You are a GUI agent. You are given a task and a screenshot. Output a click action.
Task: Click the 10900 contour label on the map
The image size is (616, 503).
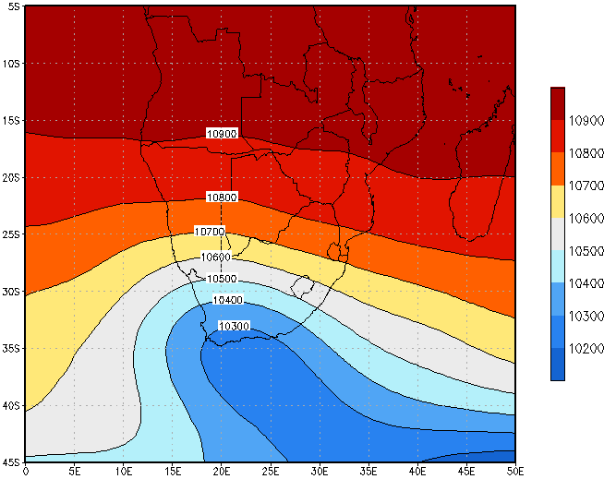click(x=222, y=134)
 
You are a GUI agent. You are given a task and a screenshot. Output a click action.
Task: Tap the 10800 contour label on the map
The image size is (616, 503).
click(x=222, y=198)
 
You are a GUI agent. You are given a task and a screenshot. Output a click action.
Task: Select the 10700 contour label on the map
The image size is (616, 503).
click(x=211, y=231)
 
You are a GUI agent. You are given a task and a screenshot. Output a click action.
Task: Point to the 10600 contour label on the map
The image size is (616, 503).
click(x=216, y=257)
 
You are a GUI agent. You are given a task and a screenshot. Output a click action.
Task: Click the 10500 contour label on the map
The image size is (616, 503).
click(x=222, y=279)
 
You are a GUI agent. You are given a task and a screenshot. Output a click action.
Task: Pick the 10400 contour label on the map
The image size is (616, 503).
click(x=227, y=300)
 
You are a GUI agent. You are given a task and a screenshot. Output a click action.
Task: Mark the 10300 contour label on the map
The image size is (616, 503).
click(x=234, y=326)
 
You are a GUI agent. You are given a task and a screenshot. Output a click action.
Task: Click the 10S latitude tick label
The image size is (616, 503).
click(x=11, y=64)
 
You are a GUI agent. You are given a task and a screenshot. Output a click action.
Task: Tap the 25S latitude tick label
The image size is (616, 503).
click(x=11, y=234)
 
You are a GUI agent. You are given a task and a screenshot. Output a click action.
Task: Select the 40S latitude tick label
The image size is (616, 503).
click(x=11, y=405)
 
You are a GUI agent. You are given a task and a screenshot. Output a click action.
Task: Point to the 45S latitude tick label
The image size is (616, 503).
click(x=11, y=462)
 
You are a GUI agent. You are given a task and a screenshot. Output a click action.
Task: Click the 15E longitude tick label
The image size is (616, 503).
click(x=172, y=473)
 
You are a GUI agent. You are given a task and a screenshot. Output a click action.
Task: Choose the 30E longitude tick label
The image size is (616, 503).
click(x=320, y=473)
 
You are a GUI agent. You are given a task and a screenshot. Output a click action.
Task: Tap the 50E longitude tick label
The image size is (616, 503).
click(x=515, y=473)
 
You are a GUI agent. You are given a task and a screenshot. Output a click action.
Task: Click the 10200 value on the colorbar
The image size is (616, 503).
click(x=586, y=348)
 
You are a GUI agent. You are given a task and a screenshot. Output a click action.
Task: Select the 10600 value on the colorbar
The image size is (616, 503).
click(x=586, y=218)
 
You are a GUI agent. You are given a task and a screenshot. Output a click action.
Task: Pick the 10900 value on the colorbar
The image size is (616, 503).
click(x=586, y=120)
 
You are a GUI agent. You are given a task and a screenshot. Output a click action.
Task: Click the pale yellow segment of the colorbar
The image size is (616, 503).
click(x=558, y=201)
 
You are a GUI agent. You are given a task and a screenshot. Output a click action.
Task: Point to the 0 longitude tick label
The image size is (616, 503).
click(x=25, y=473)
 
